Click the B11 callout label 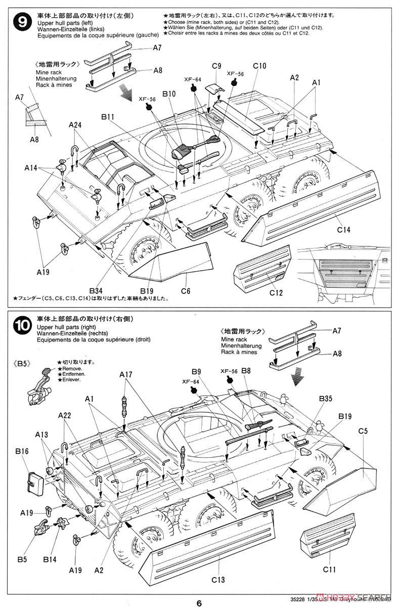107,117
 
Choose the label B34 96,290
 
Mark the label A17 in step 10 126,374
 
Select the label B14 50,546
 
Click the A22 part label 64,415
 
